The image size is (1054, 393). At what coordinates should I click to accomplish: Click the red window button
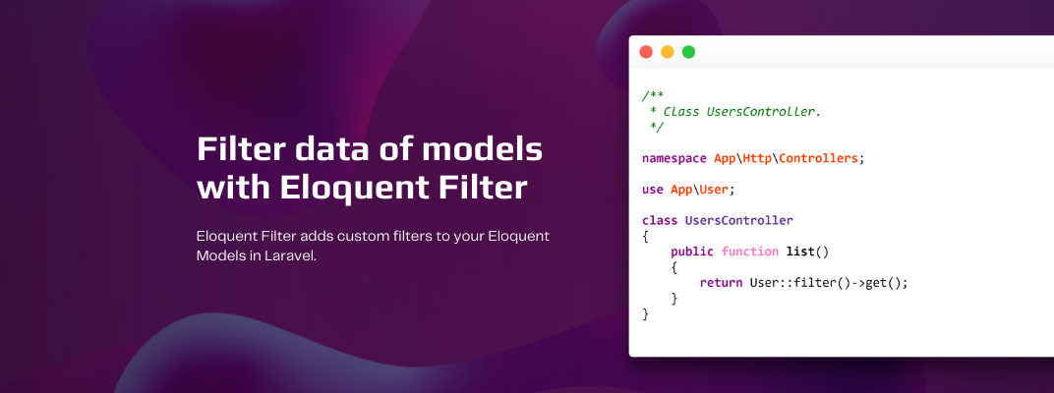[646, 52]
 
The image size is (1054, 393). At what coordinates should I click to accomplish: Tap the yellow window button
[668, 52]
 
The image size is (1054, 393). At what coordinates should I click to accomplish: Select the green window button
[689, 52]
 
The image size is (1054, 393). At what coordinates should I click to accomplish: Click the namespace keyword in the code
[674, 157]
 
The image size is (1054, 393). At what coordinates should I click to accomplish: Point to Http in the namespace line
[757, 157]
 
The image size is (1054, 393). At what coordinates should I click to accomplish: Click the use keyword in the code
[653, 189]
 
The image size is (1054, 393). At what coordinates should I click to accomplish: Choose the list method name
[800, 252]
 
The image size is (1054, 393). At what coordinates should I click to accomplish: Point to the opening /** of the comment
[653, 95]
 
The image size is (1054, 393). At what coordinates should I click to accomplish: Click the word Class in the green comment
[681, 111]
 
